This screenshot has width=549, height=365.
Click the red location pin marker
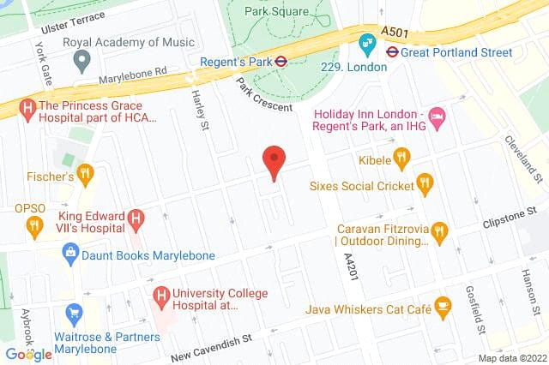tap(274, 160)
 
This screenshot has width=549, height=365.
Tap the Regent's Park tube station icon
tap(281, 61)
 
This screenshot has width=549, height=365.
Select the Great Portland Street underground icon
tap(392, 51)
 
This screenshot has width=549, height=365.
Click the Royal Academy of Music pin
tap(81, 60)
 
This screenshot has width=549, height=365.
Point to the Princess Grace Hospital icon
tap(27, 108)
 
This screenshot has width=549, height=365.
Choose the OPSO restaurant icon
tap(34, 226)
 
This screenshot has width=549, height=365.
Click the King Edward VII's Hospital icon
tap(135, 218)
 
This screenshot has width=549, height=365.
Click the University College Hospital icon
tap(160, 296)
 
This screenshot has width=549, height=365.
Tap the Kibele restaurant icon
tap(400, 158)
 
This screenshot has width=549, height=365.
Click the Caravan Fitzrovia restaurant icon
tap(440, 230)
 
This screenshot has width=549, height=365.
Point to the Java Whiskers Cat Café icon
tap(443, 304)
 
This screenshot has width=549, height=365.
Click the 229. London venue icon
tap(368, 40)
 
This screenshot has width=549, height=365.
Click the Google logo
tap(28, 354)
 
